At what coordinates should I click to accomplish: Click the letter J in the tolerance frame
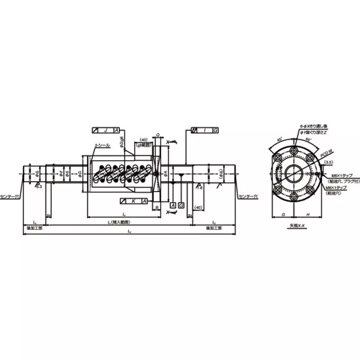tap(105, 130)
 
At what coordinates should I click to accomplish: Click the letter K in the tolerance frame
tap(133, 201)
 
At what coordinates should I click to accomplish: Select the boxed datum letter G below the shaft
tap(181, 205)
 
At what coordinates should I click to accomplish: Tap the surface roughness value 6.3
tap(39, 186)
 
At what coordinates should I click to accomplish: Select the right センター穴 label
tap(248, 196)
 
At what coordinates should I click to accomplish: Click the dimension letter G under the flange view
tap(283, 215)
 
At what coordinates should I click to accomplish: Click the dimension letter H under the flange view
tap(306, 215)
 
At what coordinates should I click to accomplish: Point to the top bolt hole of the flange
tap(294, 150)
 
